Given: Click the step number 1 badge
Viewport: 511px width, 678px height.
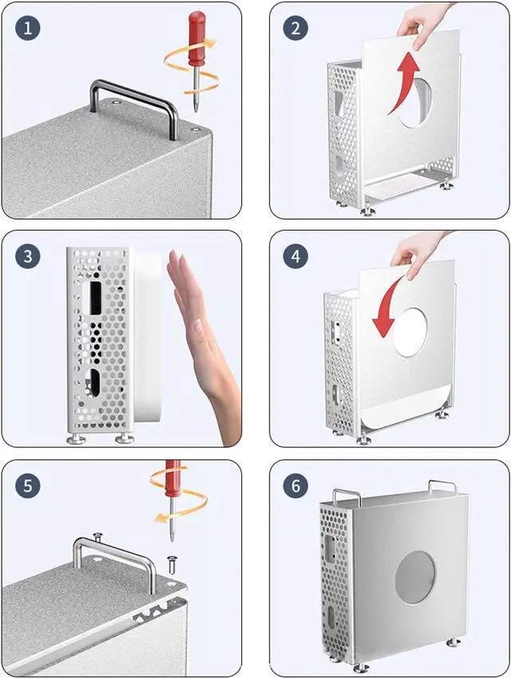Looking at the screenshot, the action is (x=28, y=28).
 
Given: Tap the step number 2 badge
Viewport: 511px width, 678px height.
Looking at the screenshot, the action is (x=295, y=28).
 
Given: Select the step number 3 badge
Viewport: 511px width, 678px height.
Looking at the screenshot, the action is (x=28, y=256).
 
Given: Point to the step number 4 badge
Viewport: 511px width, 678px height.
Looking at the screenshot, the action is (x=295, y=256).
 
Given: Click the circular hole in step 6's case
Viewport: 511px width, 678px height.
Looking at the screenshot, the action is (x=415, y=577).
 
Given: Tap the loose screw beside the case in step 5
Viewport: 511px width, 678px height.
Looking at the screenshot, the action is (x=172, y=564).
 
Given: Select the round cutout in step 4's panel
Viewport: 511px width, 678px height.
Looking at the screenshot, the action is (x=410, y=332).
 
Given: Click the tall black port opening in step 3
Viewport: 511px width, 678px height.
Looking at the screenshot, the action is (x=94, y=299).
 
